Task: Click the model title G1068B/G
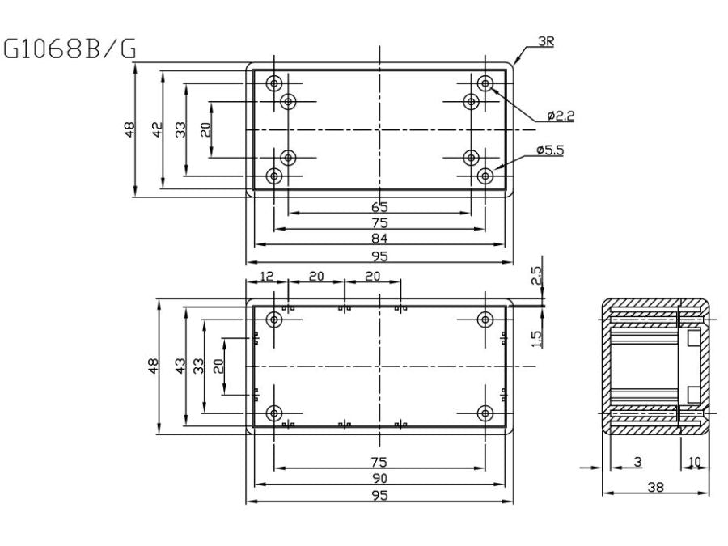pos(70,50)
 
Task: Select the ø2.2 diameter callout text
pos(560,116)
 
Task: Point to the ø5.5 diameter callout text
pos(550,150)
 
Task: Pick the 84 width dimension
pos(379,238)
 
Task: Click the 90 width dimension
pos(379,477)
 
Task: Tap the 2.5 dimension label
pos(536,276)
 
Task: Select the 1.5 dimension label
pos(536,338)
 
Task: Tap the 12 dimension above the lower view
pos(267,276)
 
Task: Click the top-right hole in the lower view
pos(485,319)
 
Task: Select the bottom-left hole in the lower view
pos(275,414)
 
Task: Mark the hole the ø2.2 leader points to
pos(485,83)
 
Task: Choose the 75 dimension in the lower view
pos(379,462)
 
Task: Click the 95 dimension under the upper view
pos(379,256)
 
